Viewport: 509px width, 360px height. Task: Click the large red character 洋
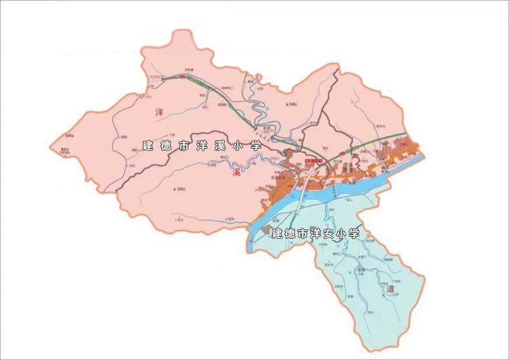click(x=158, y=112)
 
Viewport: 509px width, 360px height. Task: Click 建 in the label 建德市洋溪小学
click(x=148, y=146)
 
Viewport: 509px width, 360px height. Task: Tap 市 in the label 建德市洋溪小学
click(x=183, y=146)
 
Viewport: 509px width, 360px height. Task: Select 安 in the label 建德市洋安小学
click(x=328, y=234)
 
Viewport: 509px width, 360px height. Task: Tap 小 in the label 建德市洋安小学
click(x=341, y=234)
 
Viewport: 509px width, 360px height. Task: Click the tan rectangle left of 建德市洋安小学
click(x=265, y=231)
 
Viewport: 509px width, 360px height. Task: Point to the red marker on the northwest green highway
click(x=182, y=76)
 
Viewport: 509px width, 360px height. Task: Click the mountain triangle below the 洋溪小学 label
click(x=175, y=189)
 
